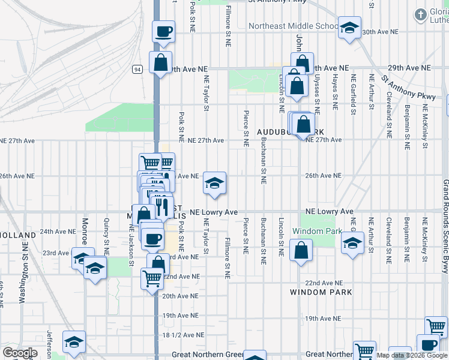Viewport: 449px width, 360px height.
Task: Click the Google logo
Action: [20, 353]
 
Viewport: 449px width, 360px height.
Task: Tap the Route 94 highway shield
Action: [137, 70]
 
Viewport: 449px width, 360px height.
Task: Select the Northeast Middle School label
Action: [294, 26]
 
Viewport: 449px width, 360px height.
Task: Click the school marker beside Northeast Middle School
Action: [349, 28]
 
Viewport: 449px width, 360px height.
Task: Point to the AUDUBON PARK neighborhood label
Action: [291, 131]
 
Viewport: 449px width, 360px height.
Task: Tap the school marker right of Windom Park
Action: [352, 243]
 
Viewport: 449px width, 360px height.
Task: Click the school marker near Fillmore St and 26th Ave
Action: [214, 183]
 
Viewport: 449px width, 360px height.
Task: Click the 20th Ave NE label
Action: [180, 296]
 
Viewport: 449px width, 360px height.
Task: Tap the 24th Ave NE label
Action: [58, 231]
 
